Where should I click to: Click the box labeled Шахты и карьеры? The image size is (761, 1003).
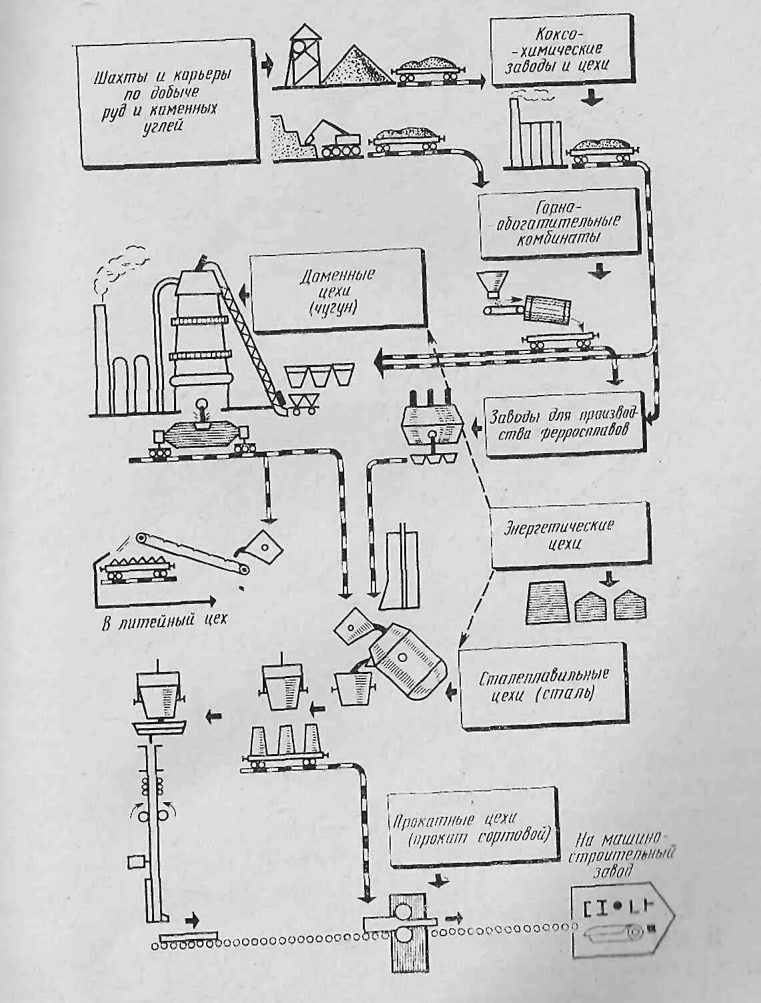click(x=167, y=105)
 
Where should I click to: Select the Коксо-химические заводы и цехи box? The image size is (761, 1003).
click(x=561, y=50)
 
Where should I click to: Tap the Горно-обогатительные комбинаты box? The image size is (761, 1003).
click(x=560, y=224)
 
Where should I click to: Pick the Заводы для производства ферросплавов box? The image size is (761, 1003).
click(x=566, y=424)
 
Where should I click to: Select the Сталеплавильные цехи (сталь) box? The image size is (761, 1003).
click(x=544, y=686)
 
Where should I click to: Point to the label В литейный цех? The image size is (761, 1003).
click(x=164, y=620)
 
